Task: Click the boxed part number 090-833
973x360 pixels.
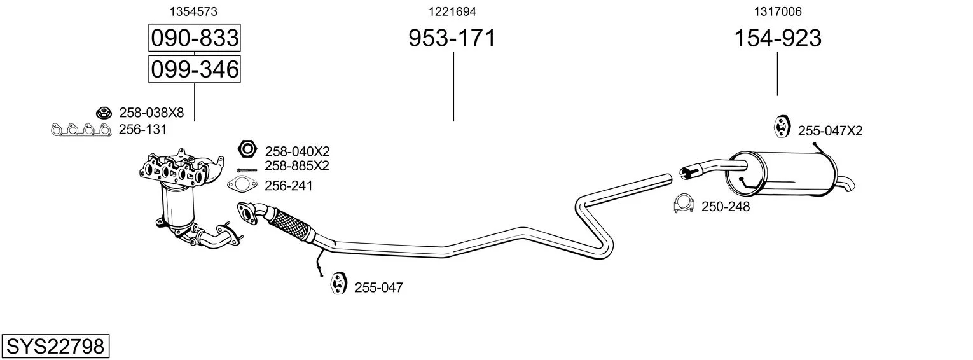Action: pyautogui.click(x=194, y=38)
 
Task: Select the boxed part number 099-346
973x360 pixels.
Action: pyautogui.click(x=194, y=69)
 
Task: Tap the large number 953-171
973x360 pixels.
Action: pyautogui.click(x=452, y=38)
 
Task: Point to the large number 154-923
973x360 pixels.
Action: pyautogui.click(x=778, y=38)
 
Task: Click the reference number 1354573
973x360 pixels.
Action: pyautogui.click(x=193, y=11)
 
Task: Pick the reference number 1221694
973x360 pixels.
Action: pyautogui.click(x=452, y=11)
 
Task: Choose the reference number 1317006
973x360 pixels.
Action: pyautogui.click(x=778, y=11)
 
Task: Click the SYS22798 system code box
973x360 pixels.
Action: pyautogui.click(x=55, y=346)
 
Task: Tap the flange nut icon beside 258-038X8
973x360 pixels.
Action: pyautogui.click(x=104, y=113)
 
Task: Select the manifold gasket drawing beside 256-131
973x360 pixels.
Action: pyautogui.click(x=81, y=129)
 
